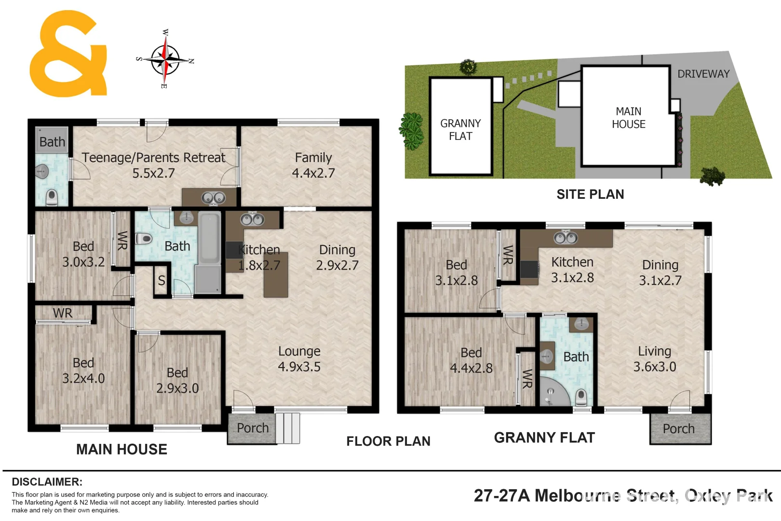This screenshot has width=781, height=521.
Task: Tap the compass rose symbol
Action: point(165,60)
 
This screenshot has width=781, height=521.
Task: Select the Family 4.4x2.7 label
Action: point(313,165)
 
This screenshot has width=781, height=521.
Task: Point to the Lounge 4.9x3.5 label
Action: point(299,359)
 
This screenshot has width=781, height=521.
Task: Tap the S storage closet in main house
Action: point(162,280)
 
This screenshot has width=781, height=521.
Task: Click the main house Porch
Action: point(252,428)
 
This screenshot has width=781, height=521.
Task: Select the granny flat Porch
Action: point(679,429)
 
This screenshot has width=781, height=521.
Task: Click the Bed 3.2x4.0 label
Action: point(83,370)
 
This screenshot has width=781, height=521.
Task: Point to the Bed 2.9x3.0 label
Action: point(177,380)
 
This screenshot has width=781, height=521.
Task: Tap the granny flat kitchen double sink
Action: point(566,238)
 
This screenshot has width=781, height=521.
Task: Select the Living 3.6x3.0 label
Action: point(655,359)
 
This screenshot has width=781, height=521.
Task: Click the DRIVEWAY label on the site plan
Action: point(703,74)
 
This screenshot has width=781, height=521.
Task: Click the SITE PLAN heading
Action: point(590,194)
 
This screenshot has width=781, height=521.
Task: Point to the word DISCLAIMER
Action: point(47,482)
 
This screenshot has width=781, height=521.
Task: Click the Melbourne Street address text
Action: point(623,495)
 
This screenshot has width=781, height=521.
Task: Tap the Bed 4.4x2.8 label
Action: point(471,360)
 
